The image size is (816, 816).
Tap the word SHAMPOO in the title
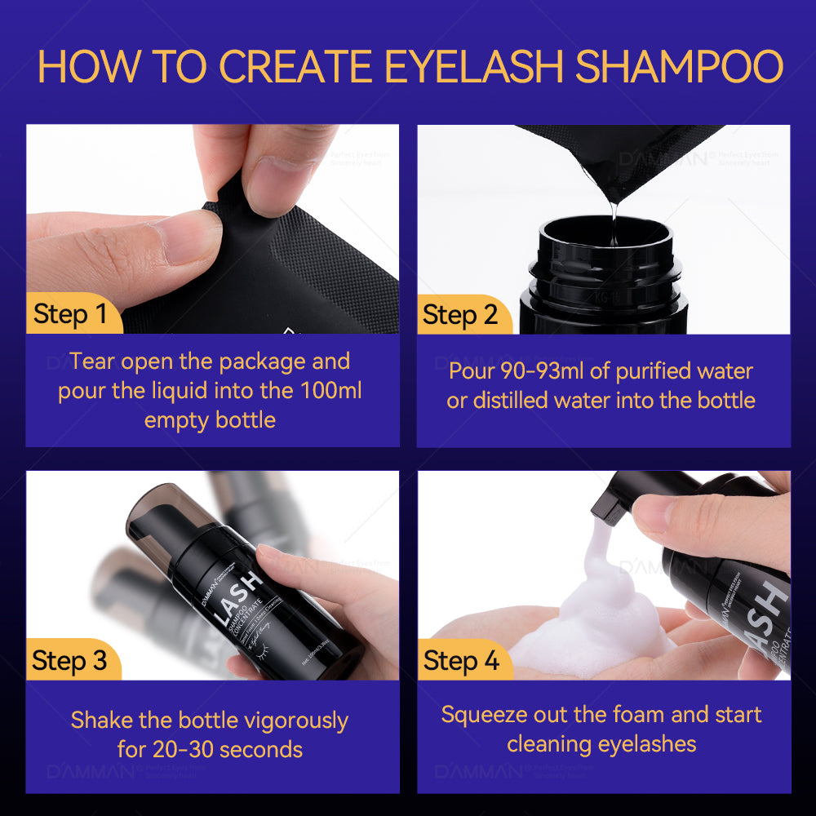(679, 67)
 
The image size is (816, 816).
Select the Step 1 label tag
(71, 313)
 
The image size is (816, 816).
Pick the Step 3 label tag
(70, 660)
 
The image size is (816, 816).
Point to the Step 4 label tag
(461, 660)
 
